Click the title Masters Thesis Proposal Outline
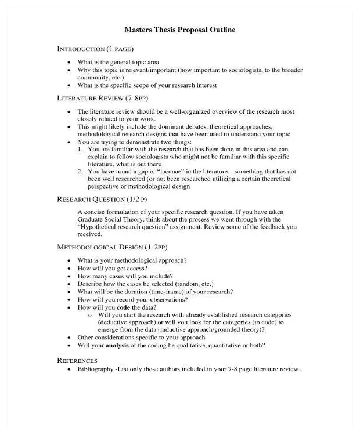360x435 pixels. pos(180,30)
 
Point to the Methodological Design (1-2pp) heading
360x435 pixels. pos(114,247)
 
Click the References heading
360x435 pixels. pos(77,360)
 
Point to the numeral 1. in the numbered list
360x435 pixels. pos(81,149)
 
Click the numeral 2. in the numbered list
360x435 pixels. pos(81,172)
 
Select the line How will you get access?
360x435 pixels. pos(112,269)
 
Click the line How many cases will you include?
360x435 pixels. pos(125,277)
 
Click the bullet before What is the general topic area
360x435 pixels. pos(70,62)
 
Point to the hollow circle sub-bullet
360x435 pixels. pos(90,315)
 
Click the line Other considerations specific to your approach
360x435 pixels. pos(141,338)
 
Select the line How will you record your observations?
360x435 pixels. pos(132,300)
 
